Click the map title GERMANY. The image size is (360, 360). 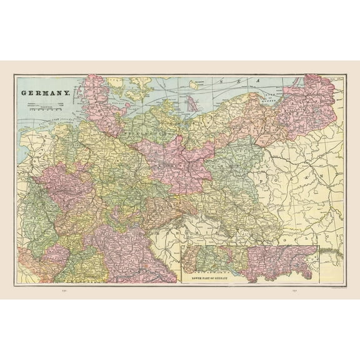tap(46, 93)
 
